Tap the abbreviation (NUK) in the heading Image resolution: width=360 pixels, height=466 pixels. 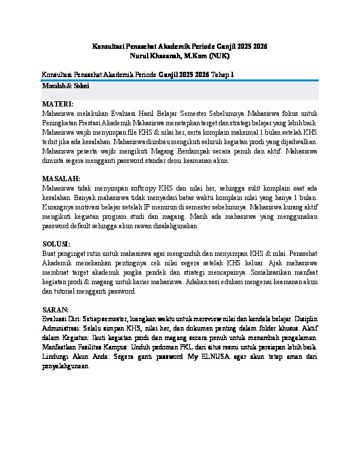(218, 56)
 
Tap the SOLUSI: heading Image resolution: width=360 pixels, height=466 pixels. (56, 244)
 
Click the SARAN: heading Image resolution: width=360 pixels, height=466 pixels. (55, 309)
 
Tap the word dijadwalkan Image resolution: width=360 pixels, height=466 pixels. (298, 141)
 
